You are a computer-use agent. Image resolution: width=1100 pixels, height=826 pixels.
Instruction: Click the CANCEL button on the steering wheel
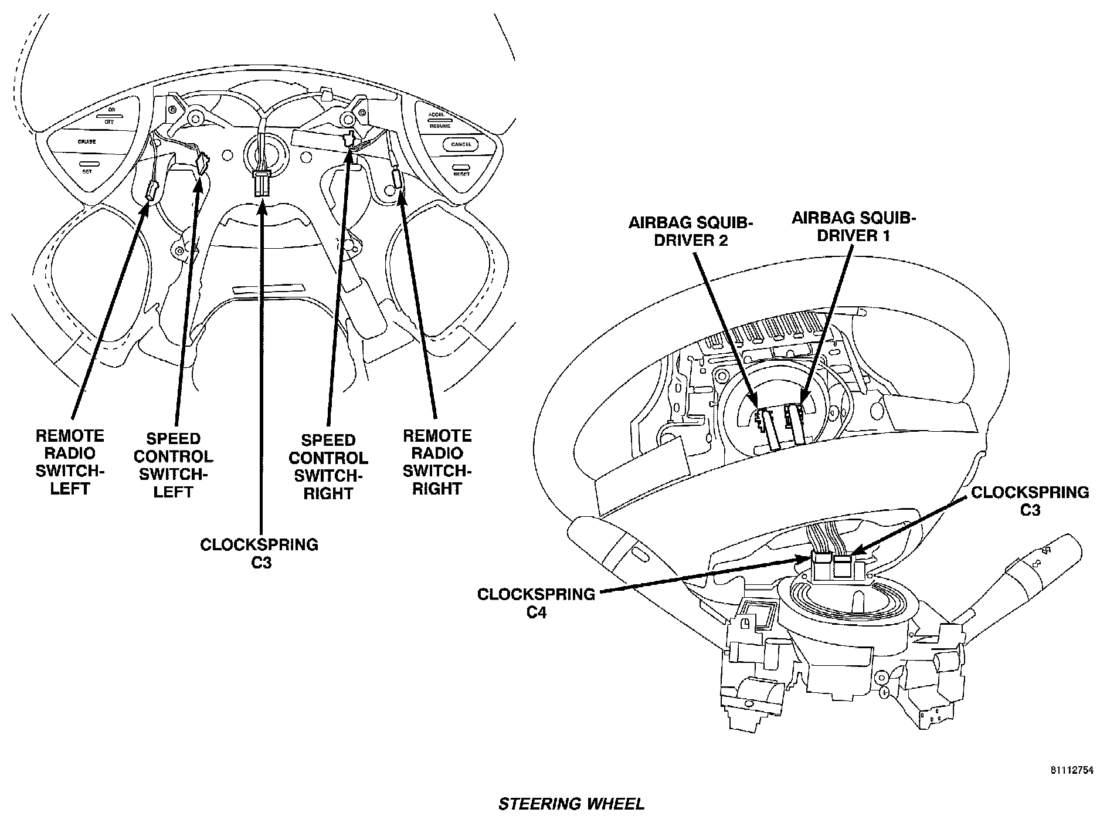[461, 144]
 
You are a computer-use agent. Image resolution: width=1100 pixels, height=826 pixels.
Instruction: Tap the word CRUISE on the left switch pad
[86, 142]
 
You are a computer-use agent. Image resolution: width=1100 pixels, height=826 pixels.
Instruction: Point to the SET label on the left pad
[87, 171]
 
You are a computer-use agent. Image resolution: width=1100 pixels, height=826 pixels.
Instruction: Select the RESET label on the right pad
[461, 174]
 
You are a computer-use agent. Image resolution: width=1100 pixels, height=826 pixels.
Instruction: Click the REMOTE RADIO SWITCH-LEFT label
[70, 462]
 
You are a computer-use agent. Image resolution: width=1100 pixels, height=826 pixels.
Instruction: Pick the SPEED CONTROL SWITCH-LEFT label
[174, 465]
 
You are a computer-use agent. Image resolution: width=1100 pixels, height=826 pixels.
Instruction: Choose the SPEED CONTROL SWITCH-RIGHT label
[328, 466]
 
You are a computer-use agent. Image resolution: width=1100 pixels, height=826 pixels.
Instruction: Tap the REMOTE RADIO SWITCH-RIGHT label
[437, 462]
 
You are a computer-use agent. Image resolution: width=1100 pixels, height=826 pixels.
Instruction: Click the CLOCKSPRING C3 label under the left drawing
[259, 553]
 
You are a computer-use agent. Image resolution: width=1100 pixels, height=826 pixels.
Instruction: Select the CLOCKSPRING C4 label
[536, 603]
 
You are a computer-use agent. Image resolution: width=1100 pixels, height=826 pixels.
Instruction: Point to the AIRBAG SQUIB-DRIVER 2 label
[691, 231]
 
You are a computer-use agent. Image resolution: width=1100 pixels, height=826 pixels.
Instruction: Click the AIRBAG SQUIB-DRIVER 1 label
[853, 226]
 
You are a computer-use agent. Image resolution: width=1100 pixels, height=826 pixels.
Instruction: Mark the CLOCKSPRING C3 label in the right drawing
[1030, 501]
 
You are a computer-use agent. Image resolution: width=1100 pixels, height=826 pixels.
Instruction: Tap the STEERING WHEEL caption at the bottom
[571, 804]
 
